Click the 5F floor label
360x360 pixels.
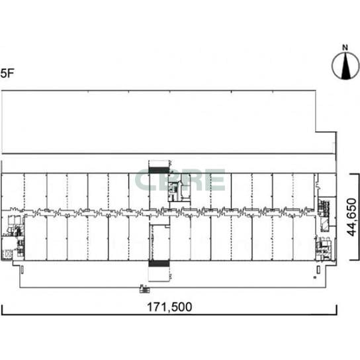[7, 73]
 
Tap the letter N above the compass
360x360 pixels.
[345, 48]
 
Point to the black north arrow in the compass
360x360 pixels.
[345, 66]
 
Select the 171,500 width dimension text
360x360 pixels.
[169, 307]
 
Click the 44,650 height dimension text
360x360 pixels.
[351, 217]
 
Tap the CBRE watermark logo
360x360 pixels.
[180, 180]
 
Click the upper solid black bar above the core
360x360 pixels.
[159, 170]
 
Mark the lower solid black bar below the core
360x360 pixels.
[159, 263]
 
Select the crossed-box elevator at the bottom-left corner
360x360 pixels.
[7, 254]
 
